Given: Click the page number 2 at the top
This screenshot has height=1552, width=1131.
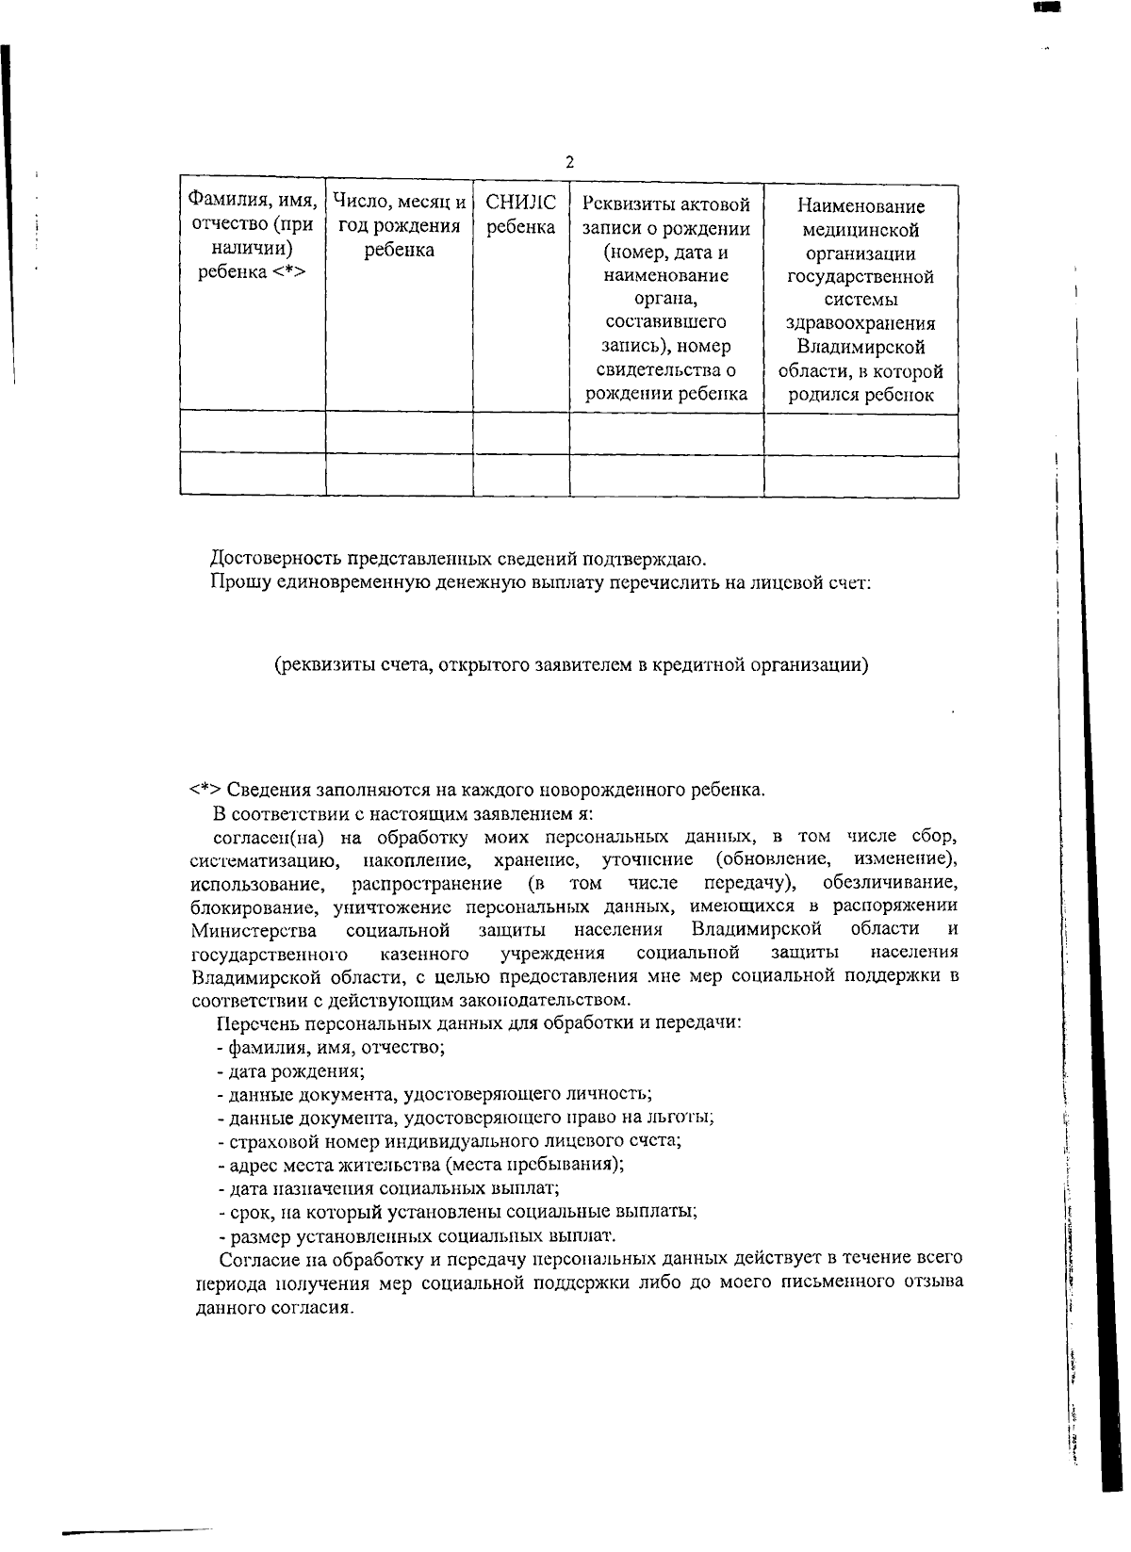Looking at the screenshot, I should [x=569, y=162].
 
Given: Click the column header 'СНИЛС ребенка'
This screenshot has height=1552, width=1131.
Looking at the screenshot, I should [x=520, y=215].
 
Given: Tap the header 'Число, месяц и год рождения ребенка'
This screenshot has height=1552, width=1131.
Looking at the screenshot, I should [x=399, y=226].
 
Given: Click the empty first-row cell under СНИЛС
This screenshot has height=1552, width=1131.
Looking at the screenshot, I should [x=520, y=433].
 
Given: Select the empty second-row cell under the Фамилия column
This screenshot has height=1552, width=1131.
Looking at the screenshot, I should [x=252, y=475].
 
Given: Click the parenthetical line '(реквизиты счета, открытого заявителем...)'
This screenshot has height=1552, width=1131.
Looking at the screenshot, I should [x=570, y=665].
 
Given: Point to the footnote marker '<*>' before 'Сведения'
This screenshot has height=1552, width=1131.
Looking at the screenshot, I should [x=205, y=790].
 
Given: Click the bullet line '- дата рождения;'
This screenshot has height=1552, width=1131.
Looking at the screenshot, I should [x=291, y=1070].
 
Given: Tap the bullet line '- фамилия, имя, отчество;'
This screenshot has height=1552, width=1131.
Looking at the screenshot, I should [x=331, y=1047].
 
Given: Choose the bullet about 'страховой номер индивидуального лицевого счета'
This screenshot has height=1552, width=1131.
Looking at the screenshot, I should [x=449, y=1140].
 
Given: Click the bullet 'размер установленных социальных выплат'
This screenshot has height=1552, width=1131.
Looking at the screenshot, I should [x=416, y=1234].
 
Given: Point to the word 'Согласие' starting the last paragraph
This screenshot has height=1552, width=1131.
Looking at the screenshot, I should [x=257, y=1259].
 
